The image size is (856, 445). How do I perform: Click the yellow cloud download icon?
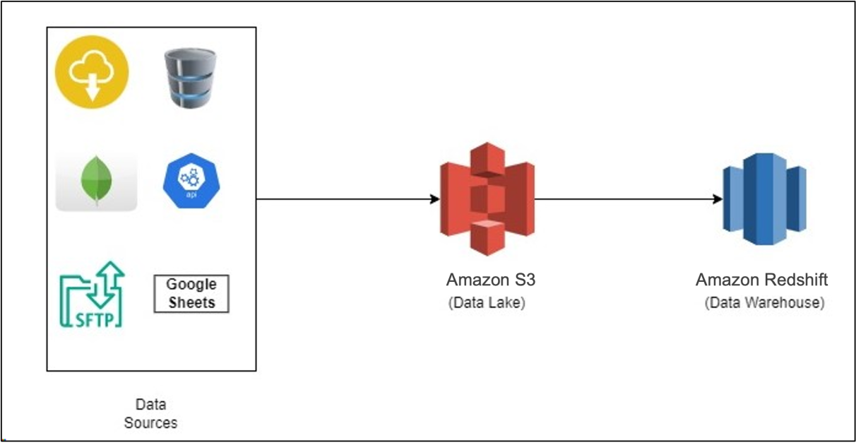point(93,74)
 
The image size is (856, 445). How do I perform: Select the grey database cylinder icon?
point(189,78)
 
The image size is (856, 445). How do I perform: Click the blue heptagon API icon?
point(189,180)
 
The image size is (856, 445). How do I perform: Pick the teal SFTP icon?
point(92,295)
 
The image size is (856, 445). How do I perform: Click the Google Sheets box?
point(191,294)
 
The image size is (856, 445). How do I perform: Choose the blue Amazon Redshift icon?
point(763,199)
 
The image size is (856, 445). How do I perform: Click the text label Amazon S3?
point(491,280)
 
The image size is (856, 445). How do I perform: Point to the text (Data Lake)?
point(487,303)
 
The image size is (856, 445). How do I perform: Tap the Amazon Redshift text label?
point(761,280)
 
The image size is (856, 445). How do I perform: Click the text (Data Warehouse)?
point(764,303)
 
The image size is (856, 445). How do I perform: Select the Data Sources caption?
point(150,414)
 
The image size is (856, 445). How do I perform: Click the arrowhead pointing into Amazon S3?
point(435,199)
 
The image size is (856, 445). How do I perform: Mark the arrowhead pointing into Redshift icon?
point(718,199)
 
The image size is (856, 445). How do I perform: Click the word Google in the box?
point(191,285)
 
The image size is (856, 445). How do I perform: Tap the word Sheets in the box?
point(191,302)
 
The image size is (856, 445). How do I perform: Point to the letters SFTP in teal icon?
point(92,319)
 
